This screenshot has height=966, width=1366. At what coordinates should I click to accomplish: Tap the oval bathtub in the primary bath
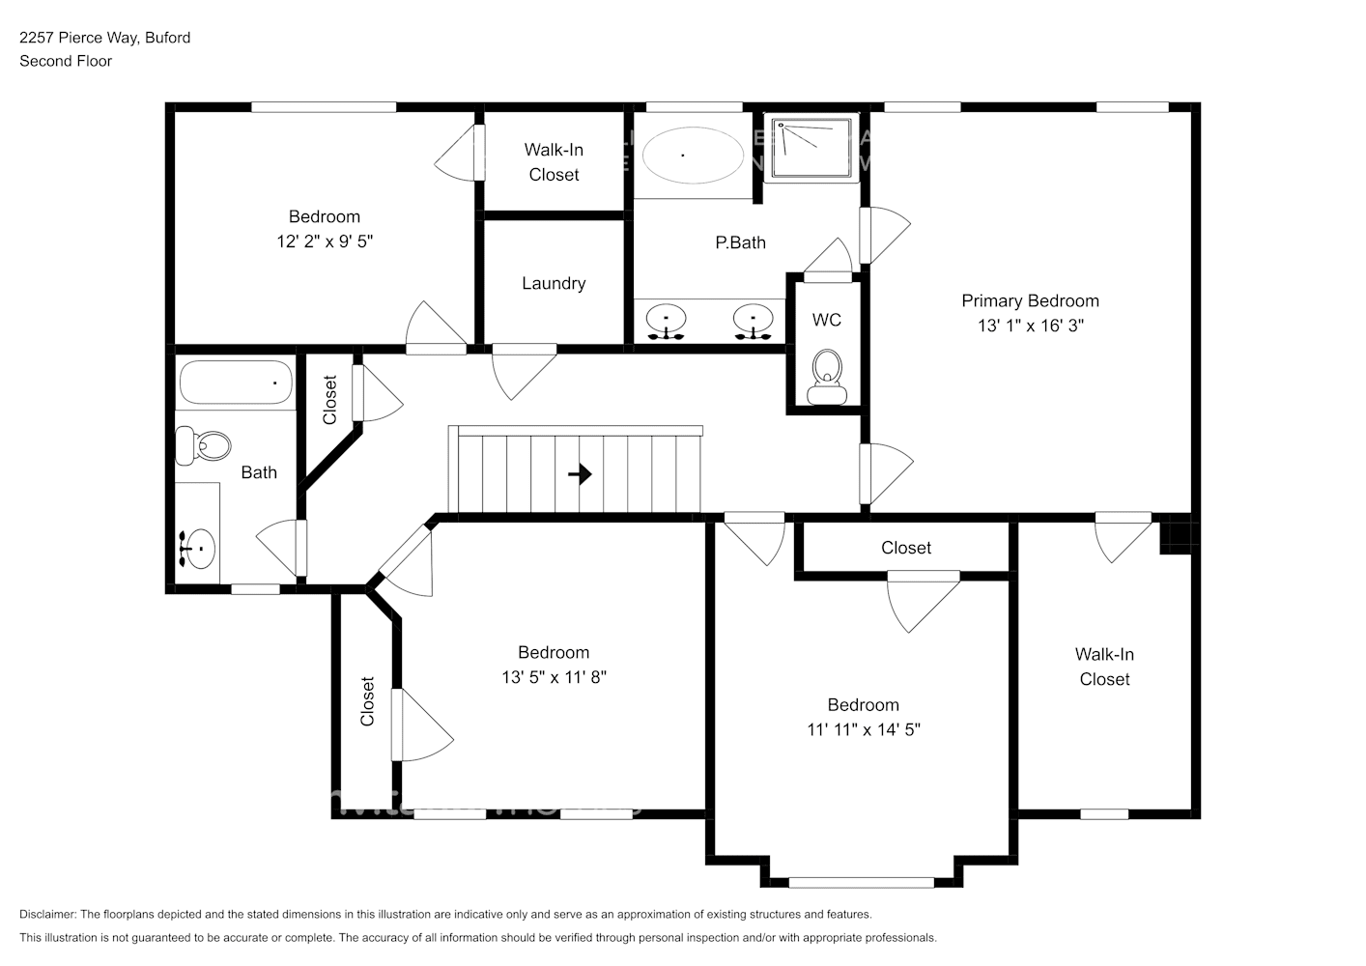pos(693,155)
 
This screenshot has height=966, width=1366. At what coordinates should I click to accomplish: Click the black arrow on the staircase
pos(580,474)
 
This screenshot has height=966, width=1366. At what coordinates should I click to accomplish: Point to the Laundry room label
pos(554,283)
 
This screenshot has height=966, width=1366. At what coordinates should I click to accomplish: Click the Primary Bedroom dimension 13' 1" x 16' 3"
pos(1030,326)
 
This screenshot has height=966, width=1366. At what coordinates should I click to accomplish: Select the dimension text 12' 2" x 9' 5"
pos(325,241)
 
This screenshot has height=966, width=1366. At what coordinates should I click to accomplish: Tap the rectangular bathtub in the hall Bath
pos(236,383)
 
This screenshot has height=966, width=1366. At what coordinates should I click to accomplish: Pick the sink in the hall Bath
pos(198,549)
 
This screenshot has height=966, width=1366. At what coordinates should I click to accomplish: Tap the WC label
pos(826,320)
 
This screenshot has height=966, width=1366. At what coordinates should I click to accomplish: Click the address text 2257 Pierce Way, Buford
pos(104,38)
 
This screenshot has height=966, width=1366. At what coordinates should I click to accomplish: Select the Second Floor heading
pos(66,61)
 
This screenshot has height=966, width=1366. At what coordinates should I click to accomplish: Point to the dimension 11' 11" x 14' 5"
pos(863,730)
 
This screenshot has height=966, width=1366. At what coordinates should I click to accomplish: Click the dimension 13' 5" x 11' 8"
pos(554,678)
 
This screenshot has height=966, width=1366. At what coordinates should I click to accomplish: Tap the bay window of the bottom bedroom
pos(862,882)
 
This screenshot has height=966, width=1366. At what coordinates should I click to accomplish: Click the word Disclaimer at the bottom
pos(46,914)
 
